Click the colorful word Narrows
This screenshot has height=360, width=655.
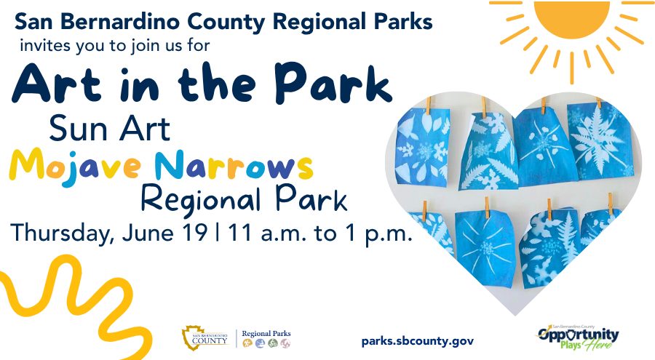click(234, 165)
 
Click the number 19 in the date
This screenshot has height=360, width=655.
click(194, 232)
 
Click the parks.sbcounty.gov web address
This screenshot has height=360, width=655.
click(418, 341)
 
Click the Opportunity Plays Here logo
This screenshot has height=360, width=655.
click(578, 337)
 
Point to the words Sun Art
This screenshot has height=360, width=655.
click(109, 129)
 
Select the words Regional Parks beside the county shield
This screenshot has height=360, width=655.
click(266, 333)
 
